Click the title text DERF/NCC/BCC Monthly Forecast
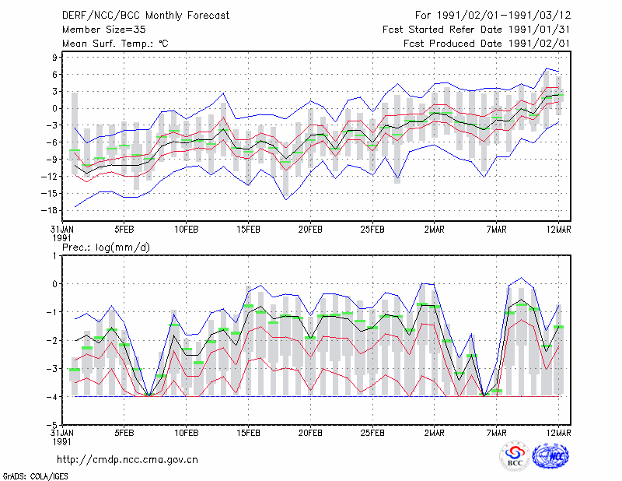tap(145, 16)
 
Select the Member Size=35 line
tap(104, 30)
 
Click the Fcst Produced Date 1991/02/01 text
tap(487, 44)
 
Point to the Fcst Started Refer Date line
tap(476, 30)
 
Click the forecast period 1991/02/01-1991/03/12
tap(504, 16)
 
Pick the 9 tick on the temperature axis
tap(54, 58)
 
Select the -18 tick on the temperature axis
tap(49, 210)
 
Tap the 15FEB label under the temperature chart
tap(248, 230)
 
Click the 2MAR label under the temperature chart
tap(435, 230)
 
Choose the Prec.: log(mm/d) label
tap(106, 248)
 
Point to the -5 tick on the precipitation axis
tap(52, 425)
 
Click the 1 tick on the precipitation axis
tap(54, 256)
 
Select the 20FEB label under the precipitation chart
tap(310, 433)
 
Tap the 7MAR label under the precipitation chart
tap(496, 433)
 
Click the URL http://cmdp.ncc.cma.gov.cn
tap(128, 460)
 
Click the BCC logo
tap(515, 456)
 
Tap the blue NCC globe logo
tap(550, 456)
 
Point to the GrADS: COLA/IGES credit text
tap(36, 476)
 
